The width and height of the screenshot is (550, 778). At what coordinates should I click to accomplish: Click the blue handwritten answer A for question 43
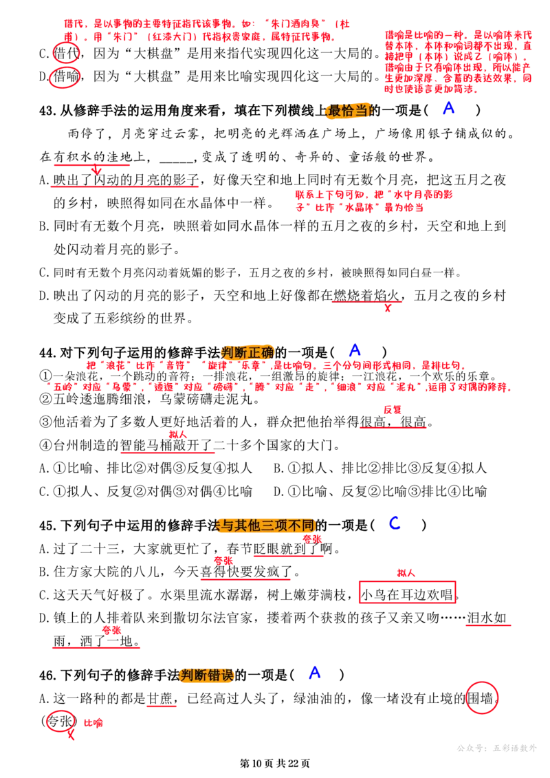(448, 108)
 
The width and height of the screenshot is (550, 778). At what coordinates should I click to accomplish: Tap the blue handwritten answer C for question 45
(395, 523)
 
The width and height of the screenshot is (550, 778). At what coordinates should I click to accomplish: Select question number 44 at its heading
(47, 353)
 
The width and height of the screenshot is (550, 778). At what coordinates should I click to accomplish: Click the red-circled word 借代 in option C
(66, 53)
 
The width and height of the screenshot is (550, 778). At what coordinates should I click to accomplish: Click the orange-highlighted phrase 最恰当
(348, 110)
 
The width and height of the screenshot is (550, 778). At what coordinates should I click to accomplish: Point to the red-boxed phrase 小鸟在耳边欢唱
(407, 594)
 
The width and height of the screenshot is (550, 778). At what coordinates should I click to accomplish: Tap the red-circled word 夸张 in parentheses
(60, 721)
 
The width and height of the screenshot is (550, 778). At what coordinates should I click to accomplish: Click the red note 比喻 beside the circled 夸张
(93, 723)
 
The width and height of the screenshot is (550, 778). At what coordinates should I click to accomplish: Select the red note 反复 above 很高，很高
(393, 410)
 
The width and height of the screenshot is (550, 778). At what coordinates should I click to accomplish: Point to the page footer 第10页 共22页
(275, 763)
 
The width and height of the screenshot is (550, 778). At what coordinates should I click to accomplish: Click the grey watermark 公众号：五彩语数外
(496, 748)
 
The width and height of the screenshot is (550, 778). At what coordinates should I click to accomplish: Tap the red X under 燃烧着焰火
(387, 307)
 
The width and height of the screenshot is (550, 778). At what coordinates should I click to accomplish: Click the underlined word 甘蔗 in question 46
(160, 699)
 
